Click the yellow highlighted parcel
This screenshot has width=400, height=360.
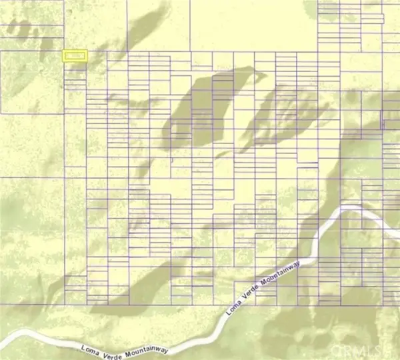[x=75, y=57]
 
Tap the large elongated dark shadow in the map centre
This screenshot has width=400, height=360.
[x=200, y=107]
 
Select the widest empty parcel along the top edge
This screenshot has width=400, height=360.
[x=253, y=25]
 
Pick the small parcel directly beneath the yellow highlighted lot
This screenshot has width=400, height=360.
[x=75, y=67]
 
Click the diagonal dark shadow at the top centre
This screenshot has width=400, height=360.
[x=143, y=30]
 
